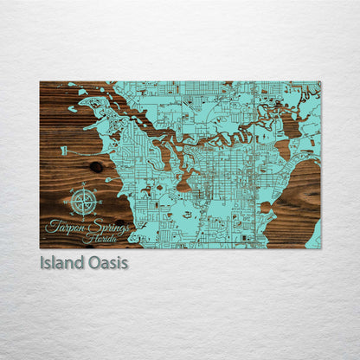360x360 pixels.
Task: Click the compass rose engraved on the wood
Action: point(84,201)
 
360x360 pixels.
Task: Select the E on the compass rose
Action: point(100,202)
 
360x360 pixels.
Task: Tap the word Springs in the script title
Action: point(107,226)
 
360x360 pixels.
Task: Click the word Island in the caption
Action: point(61,262)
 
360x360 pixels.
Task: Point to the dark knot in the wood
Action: point(95,166)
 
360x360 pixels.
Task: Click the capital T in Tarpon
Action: point(51,224)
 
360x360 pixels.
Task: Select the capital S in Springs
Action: point(93,225)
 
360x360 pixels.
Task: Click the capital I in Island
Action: point(42,262)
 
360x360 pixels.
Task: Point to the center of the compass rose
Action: point(84,202)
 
